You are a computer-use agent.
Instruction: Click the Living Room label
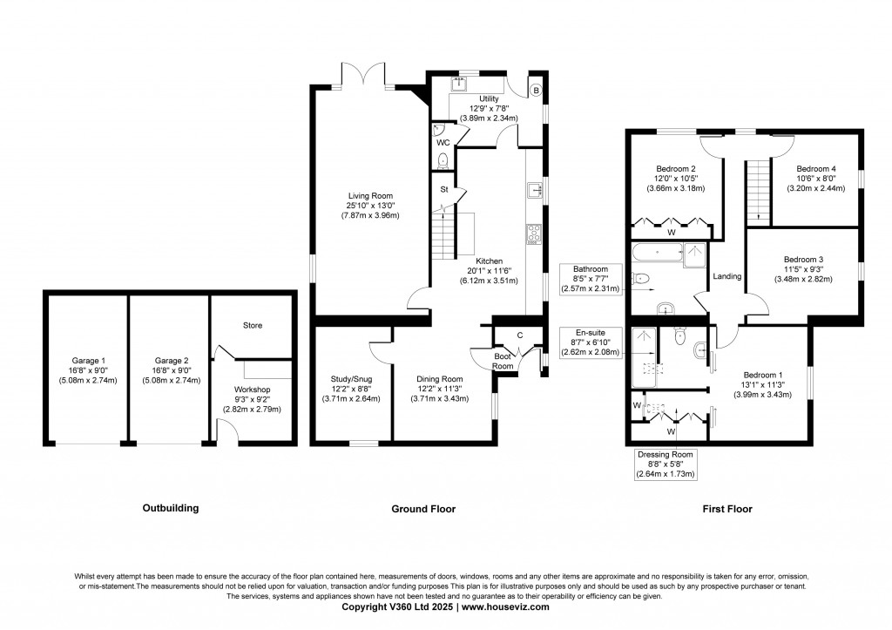click(371, 196)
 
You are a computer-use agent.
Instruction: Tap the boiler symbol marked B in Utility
click(537, 91)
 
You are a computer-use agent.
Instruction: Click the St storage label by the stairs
click(443, 189)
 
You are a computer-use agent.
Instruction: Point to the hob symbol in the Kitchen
click(534, 233)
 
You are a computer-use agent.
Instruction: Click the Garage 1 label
click(88, 360)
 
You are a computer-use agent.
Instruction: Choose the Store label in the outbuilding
click(253, 326)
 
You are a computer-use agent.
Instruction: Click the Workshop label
click(252, 390)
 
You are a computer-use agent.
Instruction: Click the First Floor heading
click(728, 508)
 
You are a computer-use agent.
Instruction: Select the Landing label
click(726, 277)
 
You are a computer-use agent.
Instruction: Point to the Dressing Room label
click(665, 454)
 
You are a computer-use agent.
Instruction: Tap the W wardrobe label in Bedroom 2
click(671, 233)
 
